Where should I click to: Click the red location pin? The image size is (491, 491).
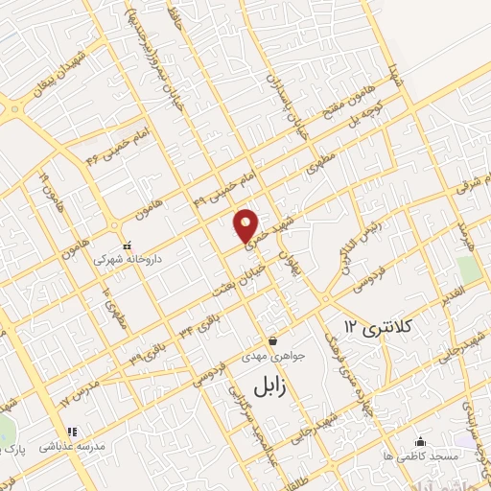[x=247, y=224]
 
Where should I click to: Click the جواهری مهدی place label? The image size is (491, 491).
[x=273, y=356]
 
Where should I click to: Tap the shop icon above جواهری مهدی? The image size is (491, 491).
[x=273, y=340]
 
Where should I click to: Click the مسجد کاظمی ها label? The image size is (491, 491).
[x=419, y=456]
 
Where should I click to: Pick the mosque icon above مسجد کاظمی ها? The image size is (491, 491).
[x=420, y=441]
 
